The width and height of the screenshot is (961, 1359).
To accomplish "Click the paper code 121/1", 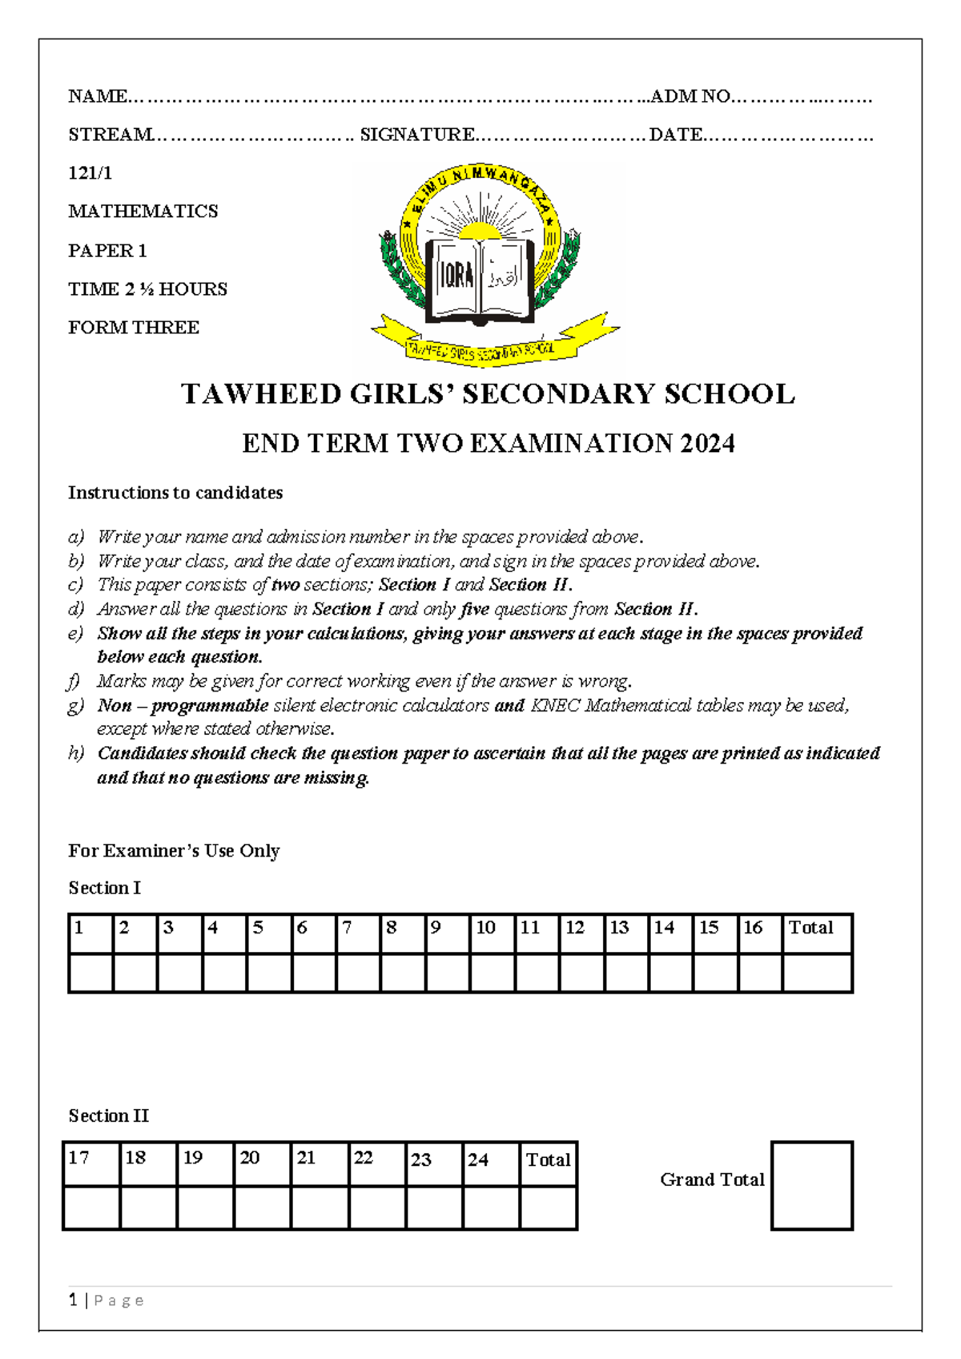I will (90, 172).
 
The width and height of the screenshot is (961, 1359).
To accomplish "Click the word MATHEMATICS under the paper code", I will (143, 212).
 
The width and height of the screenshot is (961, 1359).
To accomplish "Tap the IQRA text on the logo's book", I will (457, 276).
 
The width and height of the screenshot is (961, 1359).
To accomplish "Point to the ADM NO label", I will (690, 97).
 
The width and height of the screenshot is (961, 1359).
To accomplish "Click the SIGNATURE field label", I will (417, 135).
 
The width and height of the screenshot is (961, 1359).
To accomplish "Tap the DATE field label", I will (675, 135).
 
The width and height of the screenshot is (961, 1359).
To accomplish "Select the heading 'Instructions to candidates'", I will (175, 493).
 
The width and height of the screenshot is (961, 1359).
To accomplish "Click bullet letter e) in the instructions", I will (75, 634).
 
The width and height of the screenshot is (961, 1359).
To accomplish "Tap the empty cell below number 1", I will (90, 973).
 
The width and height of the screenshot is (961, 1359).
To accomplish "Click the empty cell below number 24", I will (491, 1208).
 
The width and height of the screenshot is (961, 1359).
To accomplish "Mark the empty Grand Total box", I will (811, 1185).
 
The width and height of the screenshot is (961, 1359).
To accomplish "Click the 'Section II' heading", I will (108, 1115).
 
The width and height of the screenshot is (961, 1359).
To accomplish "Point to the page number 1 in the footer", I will (73, 1300).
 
